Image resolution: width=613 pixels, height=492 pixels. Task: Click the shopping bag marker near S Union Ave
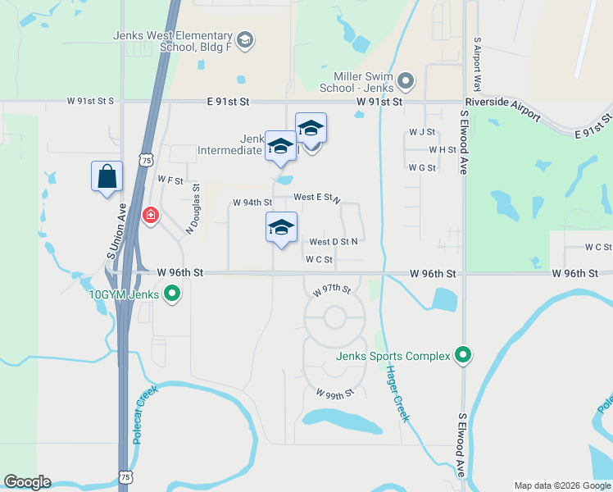107,177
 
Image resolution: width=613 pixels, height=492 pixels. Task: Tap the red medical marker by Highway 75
150,216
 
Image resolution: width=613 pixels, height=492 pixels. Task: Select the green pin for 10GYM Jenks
172,293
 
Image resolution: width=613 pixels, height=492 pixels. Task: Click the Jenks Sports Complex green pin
463,356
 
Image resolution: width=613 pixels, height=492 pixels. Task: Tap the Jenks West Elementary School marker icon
244,40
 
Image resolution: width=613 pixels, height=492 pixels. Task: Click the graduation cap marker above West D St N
281,228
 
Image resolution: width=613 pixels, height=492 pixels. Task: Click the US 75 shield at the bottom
125,475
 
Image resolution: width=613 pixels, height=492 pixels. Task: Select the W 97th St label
332,290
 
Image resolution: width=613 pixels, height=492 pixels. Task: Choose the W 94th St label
252,203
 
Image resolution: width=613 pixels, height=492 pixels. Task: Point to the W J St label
421,131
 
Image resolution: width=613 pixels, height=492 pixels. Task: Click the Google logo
27,482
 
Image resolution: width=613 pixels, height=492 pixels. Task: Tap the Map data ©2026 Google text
561,485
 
